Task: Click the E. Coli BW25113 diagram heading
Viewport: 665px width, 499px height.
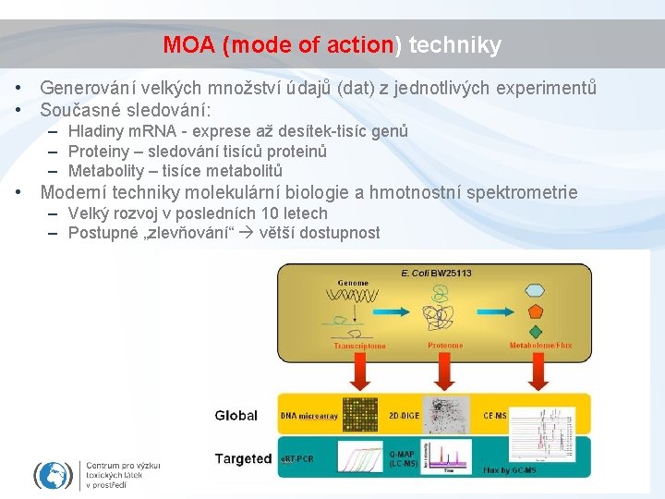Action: coord(436,274)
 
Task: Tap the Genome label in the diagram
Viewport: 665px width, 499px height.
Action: coord(353,283)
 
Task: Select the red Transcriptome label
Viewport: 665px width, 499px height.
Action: coord(359,346)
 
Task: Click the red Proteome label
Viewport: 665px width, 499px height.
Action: coord(445,346)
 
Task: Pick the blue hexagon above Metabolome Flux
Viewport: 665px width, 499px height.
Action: coord(537,289)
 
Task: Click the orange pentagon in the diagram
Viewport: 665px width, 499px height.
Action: coord(537,310)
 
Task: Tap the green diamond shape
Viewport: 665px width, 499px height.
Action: coord(537,331)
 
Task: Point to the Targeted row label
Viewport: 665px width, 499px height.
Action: coord(243,458)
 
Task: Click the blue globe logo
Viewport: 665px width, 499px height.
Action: coord(53,475)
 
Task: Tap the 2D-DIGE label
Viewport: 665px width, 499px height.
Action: coord(404,416)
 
